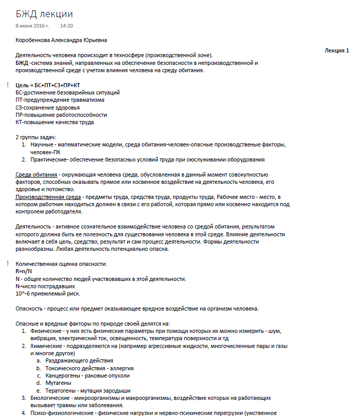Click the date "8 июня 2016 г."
32,25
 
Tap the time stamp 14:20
66,25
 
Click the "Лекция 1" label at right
336,50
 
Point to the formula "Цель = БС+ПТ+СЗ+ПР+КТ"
48,85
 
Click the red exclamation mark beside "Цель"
7,84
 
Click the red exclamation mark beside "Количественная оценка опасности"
7,264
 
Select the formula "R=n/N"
24,272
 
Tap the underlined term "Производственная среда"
48,197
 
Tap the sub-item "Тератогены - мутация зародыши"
88,391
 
